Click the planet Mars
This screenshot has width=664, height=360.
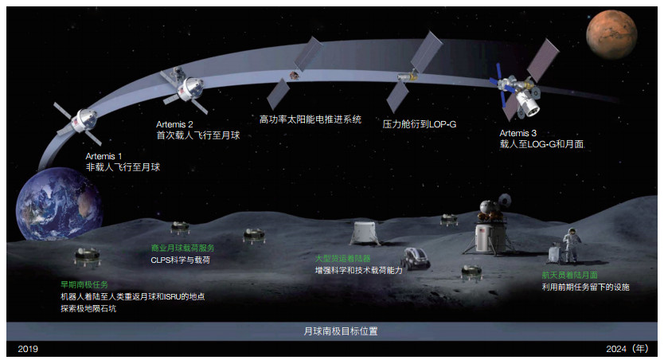tap(611, 35)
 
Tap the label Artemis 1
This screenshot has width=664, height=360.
tap(104, 156)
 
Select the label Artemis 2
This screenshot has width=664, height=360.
tap(174, 124)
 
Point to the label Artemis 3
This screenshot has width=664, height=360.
tap(518, 133)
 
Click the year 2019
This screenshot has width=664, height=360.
tap(28, 349)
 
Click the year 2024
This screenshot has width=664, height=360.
tap(616, 349)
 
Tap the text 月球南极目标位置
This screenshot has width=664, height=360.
tap(341, 331)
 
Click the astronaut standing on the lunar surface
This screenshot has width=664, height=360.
tap(572, 245)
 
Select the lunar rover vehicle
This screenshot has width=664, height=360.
tap(415, 258)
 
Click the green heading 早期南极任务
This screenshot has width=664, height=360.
tap(84, 284)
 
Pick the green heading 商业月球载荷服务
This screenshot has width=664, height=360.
tap(183, 248)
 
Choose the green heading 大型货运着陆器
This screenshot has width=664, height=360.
tap(342, 258)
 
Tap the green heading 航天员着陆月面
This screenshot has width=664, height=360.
tap(569, 276)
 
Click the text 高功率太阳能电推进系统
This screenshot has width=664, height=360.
tap(311, 119)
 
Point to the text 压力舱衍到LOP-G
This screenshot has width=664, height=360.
tap(420, 124)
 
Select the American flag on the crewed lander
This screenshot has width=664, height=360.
tap(482, 230)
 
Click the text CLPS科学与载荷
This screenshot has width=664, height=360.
tap(181, 260)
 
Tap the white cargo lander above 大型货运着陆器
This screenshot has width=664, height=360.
tap(365, 233)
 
